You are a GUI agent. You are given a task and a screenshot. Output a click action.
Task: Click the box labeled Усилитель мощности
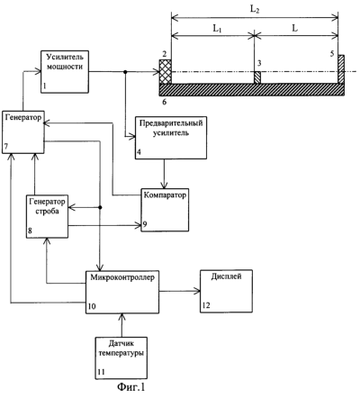[x=65, y=72]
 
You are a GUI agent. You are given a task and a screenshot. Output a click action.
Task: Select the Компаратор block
[x=165, y=210]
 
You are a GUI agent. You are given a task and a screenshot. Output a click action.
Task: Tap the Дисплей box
[x=226, y=292]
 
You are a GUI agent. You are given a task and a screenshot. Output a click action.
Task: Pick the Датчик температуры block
[x=121, y=358]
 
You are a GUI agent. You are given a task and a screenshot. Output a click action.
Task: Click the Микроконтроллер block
[x=122, y=292]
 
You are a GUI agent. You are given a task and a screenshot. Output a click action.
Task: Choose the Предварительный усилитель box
[x=171, y=138]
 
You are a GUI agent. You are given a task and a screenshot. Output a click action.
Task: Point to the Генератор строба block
[x=47, y=216]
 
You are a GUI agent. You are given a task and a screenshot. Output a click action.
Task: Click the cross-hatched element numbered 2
[x=165, y=72]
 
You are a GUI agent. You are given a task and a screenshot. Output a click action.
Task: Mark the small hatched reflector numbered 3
[x=257, y=77]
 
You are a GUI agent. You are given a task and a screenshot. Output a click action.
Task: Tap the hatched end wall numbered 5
[x=341, y=69]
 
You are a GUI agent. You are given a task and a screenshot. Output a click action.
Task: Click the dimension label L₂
[x=255, y=10]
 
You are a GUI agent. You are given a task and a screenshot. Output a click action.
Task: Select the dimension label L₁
[x=217, y=29]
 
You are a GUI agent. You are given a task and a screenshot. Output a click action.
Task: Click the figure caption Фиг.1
[x=130, y=387]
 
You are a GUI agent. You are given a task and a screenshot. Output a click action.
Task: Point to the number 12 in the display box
[x=206, y=305]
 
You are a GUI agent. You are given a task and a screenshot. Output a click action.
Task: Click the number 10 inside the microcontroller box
[x=92, y=306]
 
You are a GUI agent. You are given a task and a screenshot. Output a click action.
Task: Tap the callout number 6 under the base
[x=164, y=102]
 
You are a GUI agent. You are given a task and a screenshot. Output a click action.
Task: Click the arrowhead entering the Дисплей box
[x=197, y=291]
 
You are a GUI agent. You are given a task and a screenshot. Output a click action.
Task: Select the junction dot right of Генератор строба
[x=100, y=207]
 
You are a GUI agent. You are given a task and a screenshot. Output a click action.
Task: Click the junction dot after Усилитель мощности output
[x=125, y=72]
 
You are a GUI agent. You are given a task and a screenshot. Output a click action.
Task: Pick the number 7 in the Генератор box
[x=6, y=146]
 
